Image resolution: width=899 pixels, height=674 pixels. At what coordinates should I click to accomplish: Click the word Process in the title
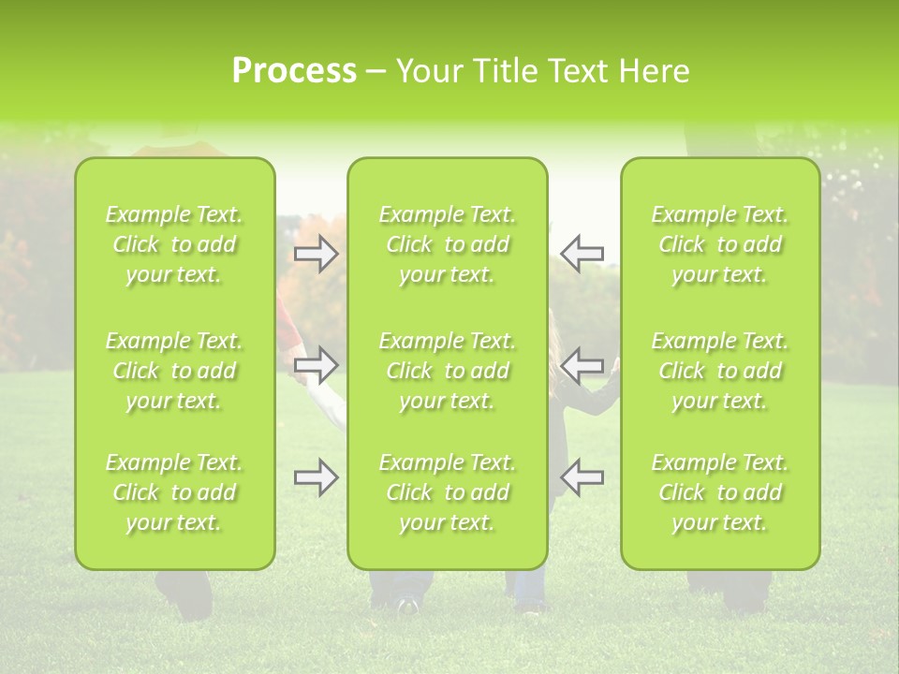point(294,71)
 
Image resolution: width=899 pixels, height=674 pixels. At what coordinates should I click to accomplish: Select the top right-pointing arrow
point(317,254)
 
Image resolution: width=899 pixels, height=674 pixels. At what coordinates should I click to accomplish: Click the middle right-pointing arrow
point(317,365)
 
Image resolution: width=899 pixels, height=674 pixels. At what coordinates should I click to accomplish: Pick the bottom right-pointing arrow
point(317,477)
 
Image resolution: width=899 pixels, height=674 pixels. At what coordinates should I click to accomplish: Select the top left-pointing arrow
point(582,254)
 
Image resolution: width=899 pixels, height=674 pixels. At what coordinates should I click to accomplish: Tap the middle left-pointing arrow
point(582,365)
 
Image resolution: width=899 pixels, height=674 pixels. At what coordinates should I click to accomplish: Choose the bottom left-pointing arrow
point(582,477)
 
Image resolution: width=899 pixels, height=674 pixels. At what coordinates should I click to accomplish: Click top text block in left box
point(174,244)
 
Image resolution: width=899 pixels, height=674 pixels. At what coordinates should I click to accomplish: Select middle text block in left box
point(174,371)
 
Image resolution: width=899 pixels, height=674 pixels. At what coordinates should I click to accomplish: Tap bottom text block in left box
point(174,492)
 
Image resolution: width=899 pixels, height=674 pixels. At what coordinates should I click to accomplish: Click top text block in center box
point(448,244)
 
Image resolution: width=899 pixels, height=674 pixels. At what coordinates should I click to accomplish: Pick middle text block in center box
point(448,371)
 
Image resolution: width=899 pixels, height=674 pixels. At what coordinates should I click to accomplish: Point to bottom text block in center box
point(448,492)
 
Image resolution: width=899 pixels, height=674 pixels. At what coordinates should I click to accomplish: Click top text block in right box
point(720,244)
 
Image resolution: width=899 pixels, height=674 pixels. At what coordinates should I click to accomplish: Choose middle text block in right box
point(720,371)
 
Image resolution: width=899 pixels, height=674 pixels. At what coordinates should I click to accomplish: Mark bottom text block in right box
point(720,492)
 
